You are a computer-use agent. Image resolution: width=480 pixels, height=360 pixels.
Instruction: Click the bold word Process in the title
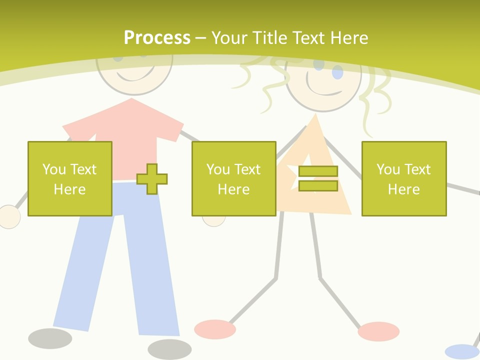pos(157,38)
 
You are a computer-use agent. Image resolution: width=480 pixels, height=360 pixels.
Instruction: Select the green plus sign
pos(152,179)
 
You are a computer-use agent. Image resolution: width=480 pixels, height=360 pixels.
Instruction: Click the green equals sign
pos(318,178)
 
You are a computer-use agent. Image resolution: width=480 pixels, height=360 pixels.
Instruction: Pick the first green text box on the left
pos(69,178)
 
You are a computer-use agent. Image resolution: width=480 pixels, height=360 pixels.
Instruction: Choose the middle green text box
pos(233,178)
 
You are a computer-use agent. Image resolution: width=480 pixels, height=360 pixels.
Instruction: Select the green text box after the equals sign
pos(403,178)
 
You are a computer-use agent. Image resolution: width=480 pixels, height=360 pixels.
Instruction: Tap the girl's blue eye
pos(338,73)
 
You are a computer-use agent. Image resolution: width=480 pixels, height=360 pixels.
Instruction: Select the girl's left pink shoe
pos(214,329)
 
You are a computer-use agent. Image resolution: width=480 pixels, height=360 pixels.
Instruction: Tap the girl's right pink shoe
pos(378,331)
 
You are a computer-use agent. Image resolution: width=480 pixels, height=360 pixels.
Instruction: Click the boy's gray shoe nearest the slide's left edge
pos(50,338)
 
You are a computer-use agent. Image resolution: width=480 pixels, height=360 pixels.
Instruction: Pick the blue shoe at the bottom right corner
pos(461,351)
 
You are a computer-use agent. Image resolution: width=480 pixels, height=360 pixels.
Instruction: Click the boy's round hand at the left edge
pos(8,217)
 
